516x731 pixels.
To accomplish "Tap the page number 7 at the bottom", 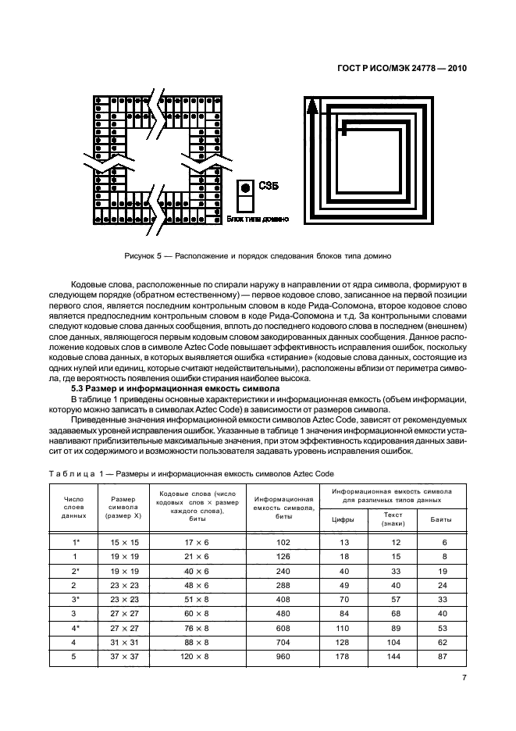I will [x=464, y=677].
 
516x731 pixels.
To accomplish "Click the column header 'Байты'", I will [x=443, y=519].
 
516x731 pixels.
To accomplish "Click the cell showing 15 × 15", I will [x=124, y=542].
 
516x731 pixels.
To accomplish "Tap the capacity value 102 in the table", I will [x=283, y=542].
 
